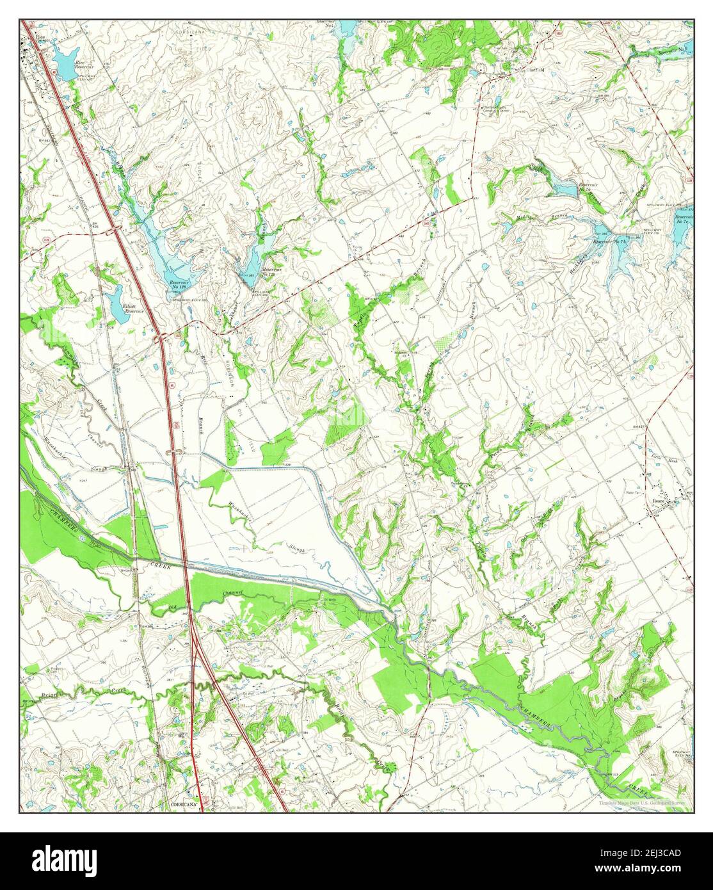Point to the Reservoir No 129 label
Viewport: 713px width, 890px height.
tap(256, 272)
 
